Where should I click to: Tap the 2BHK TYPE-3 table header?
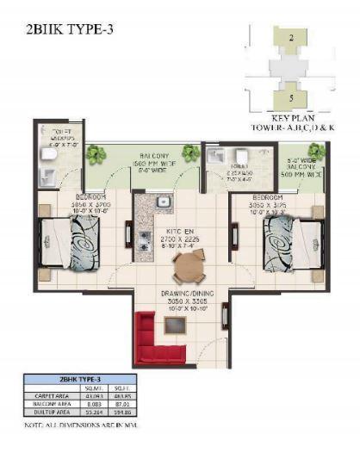click(x=78, y=379)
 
